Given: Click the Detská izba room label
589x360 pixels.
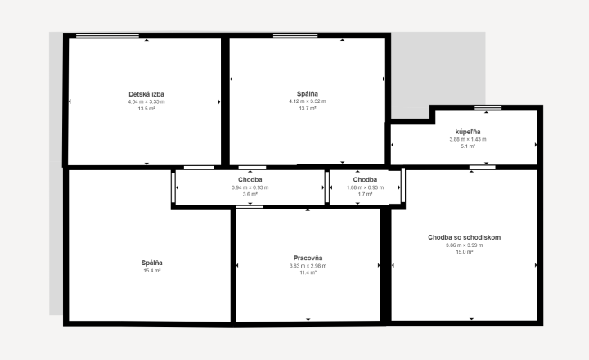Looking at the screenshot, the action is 146,94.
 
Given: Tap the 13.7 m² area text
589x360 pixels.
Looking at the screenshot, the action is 308,109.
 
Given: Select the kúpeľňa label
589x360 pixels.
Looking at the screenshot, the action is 468,132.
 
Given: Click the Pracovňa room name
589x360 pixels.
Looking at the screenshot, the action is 308,259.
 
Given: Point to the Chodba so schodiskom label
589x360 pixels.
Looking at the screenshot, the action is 465,237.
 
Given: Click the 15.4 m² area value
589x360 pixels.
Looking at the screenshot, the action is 152,271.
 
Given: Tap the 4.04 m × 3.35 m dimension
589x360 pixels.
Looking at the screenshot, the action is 146,101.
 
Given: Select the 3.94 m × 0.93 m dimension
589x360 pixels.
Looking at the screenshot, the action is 250,187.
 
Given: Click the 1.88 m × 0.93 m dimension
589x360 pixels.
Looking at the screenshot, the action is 365,187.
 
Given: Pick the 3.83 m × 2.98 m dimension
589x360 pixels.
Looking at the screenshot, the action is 308,266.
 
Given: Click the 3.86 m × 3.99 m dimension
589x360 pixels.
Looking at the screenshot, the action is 465,245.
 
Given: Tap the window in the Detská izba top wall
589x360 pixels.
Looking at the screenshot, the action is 107,36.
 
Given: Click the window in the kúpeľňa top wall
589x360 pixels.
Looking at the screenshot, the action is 488,108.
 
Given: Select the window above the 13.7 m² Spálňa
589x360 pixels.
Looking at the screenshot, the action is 295,36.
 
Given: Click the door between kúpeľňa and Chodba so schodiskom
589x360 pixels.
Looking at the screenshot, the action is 483,167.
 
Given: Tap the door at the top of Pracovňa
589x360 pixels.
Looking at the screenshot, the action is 250,207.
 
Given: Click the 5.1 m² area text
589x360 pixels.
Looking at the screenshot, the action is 468,146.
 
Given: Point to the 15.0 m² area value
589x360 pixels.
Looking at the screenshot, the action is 465,252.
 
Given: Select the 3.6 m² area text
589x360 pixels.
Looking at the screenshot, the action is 250,195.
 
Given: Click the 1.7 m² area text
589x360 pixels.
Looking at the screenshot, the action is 365,195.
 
